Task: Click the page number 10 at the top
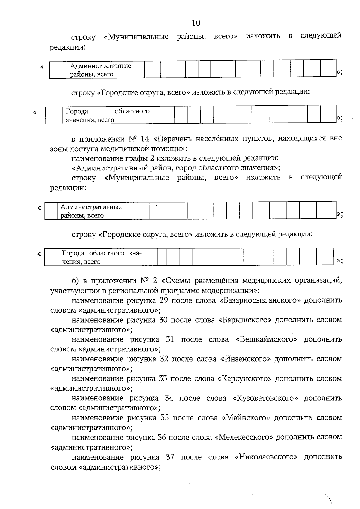click(x=196, y=23)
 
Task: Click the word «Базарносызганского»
click(x=260, y=300)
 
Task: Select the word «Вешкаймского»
click(x=267, y=339)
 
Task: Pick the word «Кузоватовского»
click(x=265, y=398)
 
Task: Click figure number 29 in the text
click(x=160, y=300)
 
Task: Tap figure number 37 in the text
click(x=170, y=457)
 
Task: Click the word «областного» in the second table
click(x=132, y=111)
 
